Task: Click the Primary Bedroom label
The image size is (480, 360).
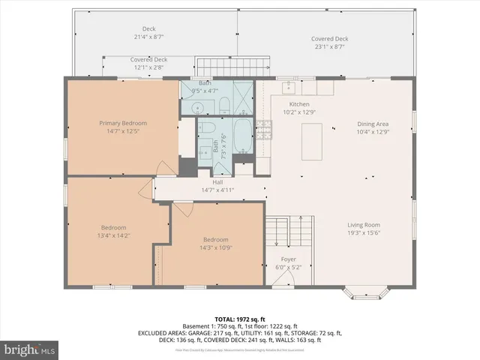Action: coord(123,122)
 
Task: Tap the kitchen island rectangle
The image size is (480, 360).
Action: coord(313,142)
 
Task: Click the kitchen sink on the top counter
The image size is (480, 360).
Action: coord(288,86)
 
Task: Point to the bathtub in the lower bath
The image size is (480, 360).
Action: coord(244,136)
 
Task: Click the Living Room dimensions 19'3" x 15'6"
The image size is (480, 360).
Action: coord(364,232)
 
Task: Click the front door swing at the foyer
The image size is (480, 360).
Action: coord(282,279)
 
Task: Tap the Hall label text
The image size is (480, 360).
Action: coord(217,182)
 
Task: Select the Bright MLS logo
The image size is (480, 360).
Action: coord(30,349)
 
